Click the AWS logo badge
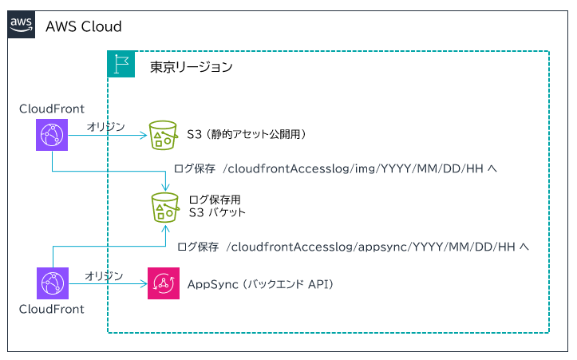[x=22, y=24]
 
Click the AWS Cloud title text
[x=84, y=26]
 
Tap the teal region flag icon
[x=121, y=64]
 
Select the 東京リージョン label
[x=191, y=67]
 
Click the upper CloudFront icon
[x=52, y=135]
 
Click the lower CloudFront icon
[x=53, y=283]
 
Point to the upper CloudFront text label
[x=52, y=109]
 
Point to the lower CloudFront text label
[x=52, y=309]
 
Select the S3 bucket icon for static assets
[x=163, y=135]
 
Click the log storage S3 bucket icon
[x=165, y=208]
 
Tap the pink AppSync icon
[x=164, y=283]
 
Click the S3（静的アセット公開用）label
[x=247, y=134]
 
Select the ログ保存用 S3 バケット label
[x=217, y=206]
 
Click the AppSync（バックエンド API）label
[x=260, y=284]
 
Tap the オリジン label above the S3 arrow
[x=106, y=127]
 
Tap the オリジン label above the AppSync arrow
[x=104, y=275]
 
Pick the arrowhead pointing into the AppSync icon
[x=144, y=283]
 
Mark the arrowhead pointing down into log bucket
[x=165, y=187]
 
